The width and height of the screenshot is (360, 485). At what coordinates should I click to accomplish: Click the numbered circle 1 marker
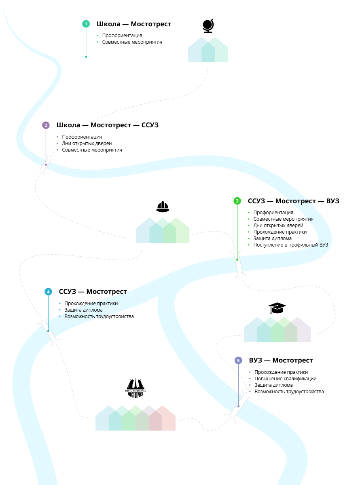(x=86, y=24)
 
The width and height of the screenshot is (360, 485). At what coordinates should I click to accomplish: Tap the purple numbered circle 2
(x=46, y=125)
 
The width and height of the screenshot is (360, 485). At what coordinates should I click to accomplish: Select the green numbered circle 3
(x=237, y=201)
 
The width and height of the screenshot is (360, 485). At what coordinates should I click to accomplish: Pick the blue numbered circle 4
(x=48, y=291)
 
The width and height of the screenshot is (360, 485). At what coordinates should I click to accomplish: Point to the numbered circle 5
(x=238, y=360)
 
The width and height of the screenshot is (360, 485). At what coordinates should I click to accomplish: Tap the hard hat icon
(x=163, y=207)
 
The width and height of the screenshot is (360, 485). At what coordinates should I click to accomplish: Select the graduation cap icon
(x=277, y=308)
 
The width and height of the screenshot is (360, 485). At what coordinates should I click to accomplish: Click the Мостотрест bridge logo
(x=136, y=388)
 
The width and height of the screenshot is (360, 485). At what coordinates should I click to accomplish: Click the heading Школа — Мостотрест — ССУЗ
(x=107, y=125)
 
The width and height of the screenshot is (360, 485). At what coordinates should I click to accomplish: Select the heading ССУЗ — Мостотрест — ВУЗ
(x=293, y=201)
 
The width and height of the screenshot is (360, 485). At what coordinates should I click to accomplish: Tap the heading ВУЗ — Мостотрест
(x=281, y=361)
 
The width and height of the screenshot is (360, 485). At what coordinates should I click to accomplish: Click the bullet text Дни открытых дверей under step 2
(x=87, y=143)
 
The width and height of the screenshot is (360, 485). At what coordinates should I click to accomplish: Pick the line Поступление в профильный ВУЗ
(x=290, y=245)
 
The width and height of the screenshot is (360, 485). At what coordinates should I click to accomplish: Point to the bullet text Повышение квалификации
(x=285, y=379)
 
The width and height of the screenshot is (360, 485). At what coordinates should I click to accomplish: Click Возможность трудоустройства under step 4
(x=99, y=316)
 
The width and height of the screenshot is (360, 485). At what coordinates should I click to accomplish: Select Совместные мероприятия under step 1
(x=132, y=42)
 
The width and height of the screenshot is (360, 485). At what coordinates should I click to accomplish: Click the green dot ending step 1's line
(x=86, y=57)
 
